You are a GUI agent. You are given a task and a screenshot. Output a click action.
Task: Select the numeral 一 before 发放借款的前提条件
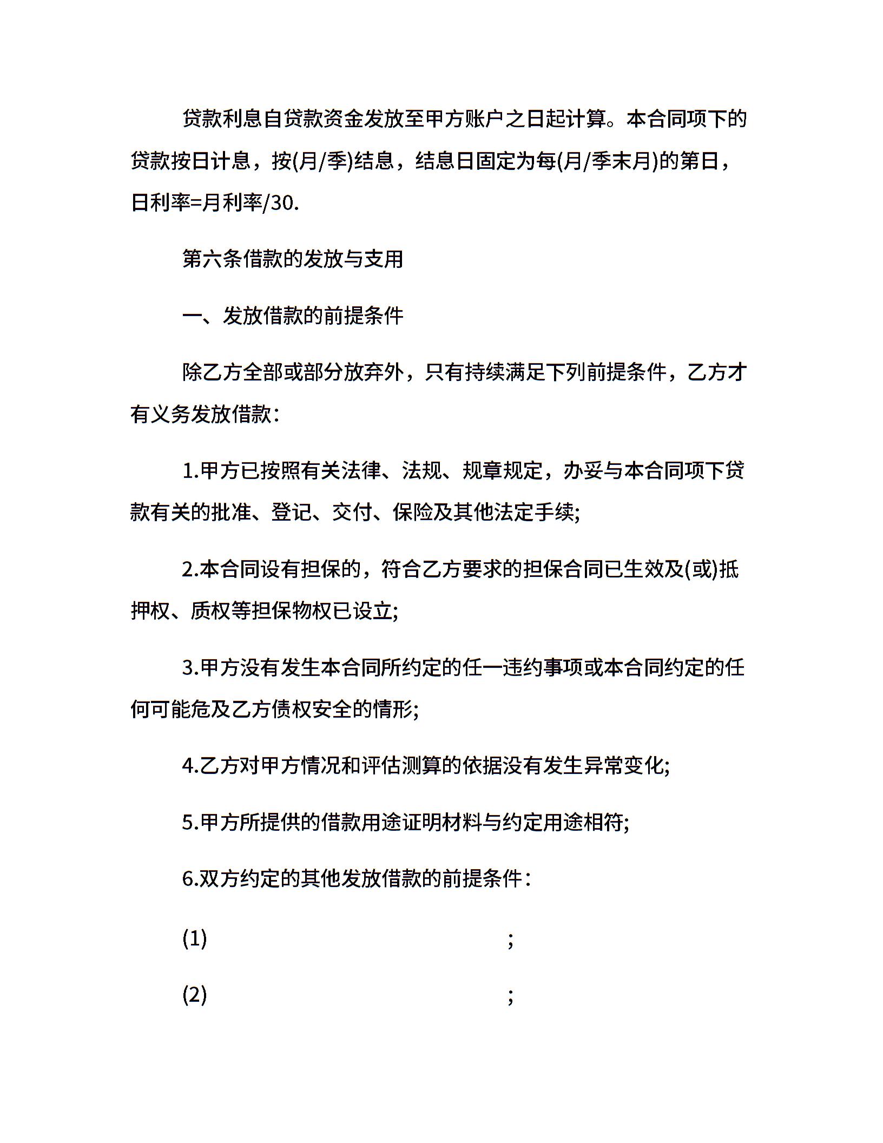tap(192, 316)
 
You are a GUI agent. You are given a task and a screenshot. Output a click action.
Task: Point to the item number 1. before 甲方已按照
tap(190, 471)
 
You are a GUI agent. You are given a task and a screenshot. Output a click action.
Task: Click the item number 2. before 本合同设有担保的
tap(190, 570)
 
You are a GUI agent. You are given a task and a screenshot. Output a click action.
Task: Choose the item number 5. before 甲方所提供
tap(190, 823)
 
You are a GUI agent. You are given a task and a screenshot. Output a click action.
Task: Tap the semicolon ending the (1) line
tap(510, 941)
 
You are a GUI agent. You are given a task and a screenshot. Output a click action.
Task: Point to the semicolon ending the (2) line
tap(510, 997)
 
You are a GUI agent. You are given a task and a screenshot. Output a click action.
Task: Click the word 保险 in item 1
tap(413, 512)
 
